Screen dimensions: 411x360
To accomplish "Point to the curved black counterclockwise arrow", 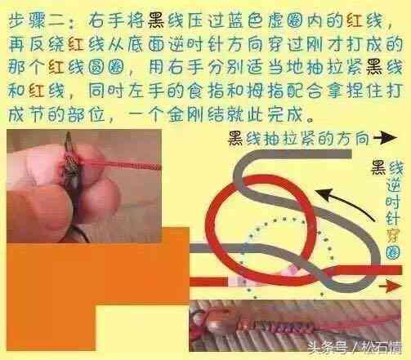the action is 345,202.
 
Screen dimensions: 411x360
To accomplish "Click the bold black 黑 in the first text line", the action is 156,21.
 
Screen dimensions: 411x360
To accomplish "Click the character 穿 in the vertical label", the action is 393,236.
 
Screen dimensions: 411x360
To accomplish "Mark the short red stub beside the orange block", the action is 208,282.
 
